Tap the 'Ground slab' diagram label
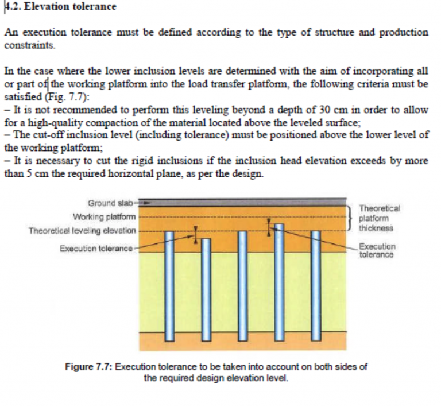coord(110,203)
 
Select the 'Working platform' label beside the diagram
coord(105,216)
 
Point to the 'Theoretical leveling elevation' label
coord(83,230)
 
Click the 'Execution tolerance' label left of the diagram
coord(96,249)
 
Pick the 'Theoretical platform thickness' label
coord(379,218)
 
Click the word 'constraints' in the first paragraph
coord(25,44)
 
